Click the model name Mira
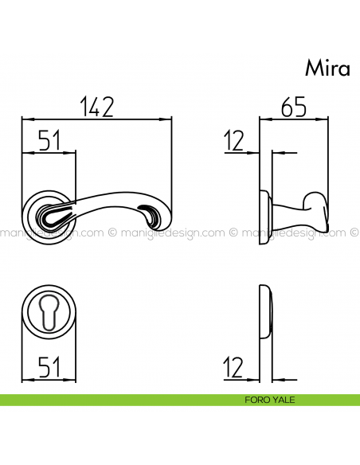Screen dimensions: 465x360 [x=327, y=68]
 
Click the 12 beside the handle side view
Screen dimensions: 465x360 [x=234, y=142]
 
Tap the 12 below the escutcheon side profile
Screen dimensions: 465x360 [x=234, y=368]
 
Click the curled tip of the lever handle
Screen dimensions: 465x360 [x=151, y=213]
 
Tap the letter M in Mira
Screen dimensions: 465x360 [x=313, y=68]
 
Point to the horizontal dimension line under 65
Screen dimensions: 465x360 [x=295, y=119]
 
